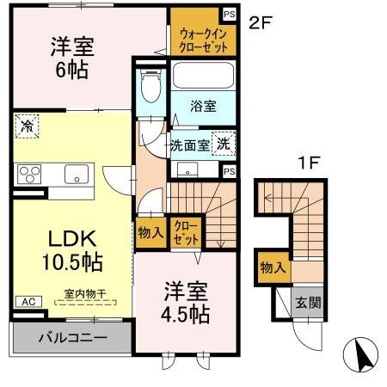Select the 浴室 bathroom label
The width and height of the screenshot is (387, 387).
[203, 106]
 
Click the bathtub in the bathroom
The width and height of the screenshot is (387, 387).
[203, 75]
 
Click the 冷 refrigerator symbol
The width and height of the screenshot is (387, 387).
[27, 126]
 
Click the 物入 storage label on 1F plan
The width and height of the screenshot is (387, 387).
[273, 268]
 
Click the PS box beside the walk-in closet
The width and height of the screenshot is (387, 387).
[229, 14]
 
